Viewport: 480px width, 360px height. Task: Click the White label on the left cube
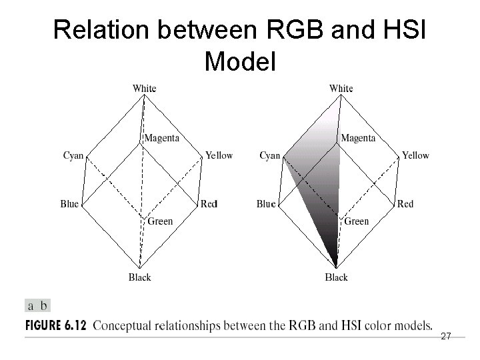pyautogui.click(x=145, y=88)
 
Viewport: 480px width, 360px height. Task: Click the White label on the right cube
pyautogui.click(x=341, y=88)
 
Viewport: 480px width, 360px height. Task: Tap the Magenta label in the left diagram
pyautogui.click(x=162, y=138)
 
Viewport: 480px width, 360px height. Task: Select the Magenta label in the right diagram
pyautogui.click(x=359, y=138)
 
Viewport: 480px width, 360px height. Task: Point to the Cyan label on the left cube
pyautogui.click(x=73, y=155)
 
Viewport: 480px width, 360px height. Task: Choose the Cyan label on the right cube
pyautogui.click(x=270, y=155)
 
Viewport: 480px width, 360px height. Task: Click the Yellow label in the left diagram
pyautogui.click(x=219, y=155)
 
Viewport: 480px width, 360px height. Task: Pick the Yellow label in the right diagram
pyautogui.click(x=415, y=155)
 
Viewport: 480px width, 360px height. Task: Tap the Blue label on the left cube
pyautogui.click(x=69, y=204)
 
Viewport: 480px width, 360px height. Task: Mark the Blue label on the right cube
pyautogui.click(x=266, y=204)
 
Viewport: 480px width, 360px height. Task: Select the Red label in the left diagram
pyautogui.click(x=209, y=204)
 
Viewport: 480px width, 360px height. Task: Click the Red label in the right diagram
pyautogui.click(x=405, y=204)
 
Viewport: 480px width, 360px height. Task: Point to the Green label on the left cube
pyautogui.click(x=160, y=221)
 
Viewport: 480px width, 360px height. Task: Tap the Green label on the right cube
pyautogui.click(x=357, y=221)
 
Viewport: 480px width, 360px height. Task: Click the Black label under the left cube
pyautogui.click(x=140, y=277)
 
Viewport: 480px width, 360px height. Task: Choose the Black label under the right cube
pyautogui.click(x=337, y=277)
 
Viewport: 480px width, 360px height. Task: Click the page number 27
pyautogui.click(x=446, y=337)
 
